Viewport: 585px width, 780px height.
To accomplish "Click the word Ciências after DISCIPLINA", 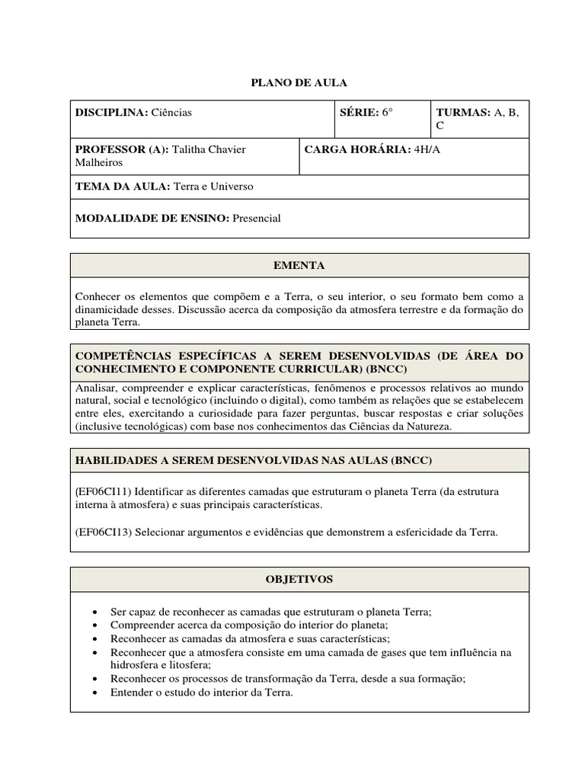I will [171, 113].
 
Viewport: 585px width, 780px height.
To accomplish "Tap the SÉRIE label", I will [359, 113].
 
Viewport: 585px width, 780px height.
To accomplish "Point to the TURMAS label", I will [463, 113].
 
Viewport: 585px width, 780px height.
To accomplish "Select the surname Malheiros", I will [98, 162].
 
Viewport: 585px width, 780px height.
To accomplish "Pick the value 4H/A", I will [427, 150].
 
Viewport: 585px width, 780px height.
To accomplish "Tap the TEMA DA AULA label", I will [123, 187].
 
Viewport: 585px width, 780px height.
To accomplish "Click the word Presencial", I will [257, 219].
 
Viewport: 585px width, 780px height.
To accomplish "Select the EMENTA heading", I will [299, 266].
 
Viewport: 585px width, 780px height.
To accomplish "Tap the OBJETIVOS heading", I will [299, 580].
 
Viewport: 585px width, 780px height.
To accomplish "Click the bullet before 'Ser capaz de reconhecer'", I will [94, 612].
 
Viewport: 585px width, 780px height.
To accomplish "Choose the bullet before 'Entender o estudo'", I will [94, 692].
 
